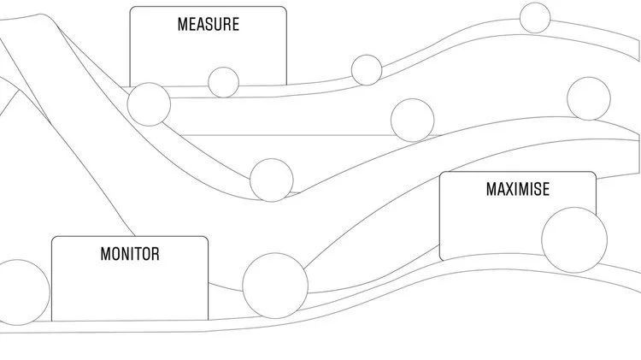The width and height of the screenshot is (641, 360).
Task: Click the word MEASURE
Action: click(x=208, y=24)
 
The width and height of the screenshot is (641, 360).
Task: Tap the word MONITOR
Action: click(x=130, y=254)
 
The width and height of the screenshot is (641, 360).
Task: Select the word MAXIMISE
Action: click(x=517, y=189)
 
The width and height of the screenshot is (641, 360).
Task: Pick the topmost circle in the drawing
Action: click(x=535, y=17)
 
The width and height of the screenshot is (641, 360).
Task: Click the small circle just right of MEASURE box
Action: click(x=366, y=70)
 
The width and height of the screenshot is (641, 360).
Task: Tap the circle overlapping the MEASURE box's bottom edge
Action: click(x=224, y=82)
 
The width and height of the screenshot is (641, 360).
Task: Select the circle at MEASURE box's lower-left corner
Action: click(x=149, y=104)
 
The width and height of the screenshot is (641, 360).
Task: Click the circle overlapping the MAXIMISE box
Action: click(x=574, y=239)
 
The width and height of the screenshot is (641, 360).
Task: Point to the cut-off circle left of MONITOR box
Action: click(x=22, y=292)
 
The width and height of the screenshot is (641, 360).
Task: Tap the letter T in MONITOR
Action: click(x=136, y=254)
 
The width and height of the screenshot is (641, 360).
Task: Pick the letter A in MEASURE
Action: click(x=200, y=24)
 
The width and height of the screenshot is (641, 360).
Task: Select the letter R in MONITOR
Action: click(x=154, y=254)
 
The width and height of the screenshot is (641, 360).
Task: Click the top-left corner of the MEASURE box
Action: click(x=131, y=8)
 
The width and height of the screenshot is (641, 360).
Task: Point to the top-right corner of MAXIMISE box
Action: click(x=596, y=173)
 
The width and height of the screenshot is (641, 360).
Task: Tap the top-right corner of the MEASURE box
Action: click(x=285, y=8)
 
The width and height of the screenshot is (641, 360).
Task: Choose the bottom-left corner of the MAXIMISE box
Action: click(x=441, y=259)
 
